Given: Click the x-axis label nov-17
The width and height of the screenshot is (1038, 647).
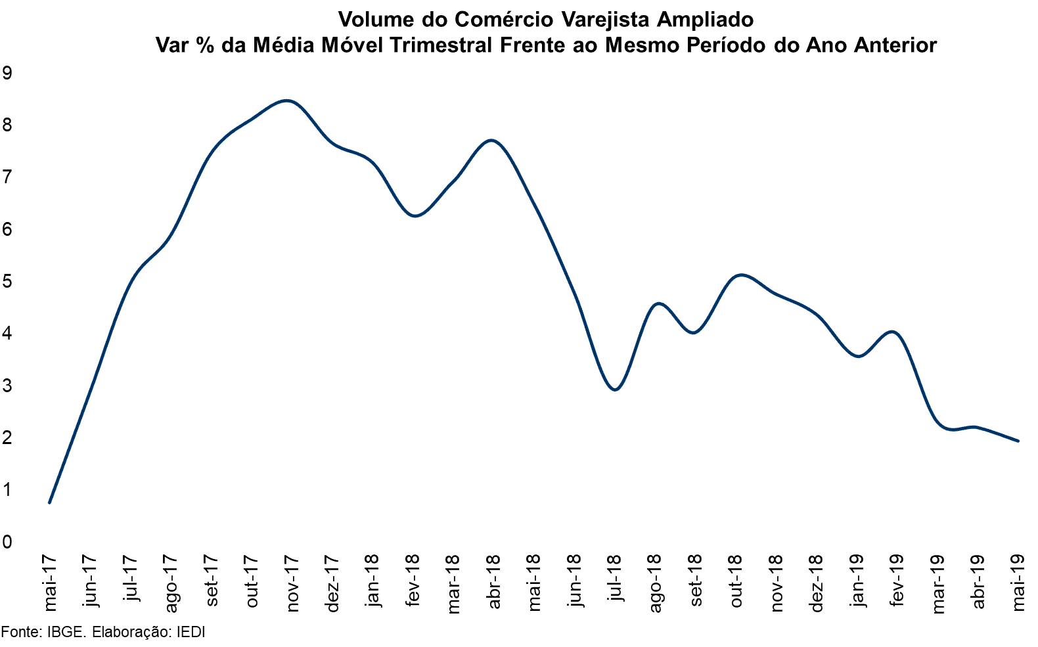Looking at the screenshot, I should coord(292,583).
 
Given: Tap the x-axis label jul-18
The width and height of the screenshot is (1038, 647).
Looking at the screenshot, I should coord(615,577).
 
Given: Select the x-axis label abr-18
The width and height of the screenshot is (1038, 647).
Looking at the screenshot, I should coord(494,581).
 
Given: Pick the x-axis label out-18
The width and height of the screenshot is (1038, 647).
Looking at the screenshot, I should coord(736,581).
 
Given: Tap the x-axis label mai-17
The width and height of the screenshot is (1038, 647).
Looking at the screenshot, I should coord(50,583).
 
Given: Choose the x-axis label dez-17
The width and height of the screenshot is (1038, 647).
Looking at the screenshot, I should coord(332,583).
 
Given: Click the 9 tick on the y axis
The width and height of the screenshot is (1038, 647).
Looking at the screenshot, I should coord(7,73).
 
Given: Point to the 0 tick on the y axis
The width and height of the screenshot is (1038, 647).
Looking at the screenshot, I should coord(7,542).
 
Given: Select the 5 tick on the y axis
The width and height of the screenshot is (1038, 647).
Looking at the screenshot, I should coord(7,282).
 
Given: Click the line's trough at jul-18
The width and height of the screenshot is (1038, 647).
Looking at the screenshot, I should coord(615,390).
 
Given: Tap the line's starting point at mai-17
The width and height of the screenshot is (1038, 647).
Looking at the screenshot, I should coord(49,502).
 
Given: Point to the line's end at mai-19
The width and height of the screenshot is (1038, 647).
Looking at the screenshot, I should coord(1018,441).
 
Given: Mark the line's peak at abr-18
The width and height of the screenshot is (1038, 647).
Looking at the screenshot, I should coord(492,140).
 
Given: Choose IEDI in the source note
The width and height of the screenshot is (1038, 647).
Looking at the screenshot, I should coord(191,632).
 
